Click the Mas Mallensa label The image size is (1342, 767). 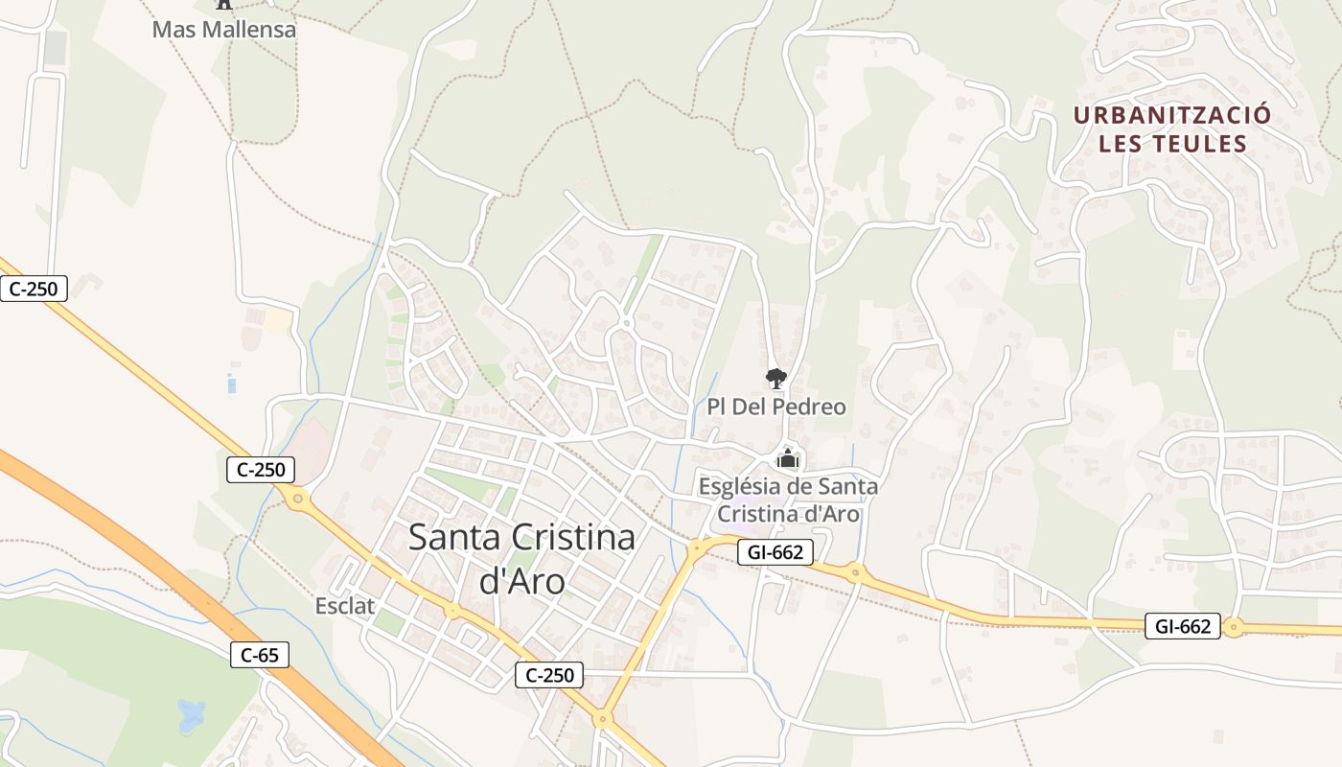click(x=224, y=29)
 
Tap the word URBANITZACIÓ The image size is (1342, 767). click(x=1171, y=116)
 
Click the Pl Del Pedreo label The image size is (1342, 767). click(x=776, y=407)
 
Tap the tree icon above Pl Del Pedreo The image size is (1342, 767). click(x=775, y=377)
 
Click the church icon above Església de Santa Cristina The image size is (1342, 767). click(x=788, y=458)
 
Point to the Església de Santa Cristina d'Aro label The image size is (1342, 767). click(x=788, y=500)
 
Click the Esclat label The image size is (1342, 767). click(x=345, y=606)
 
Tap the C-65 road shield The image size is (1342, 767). click(x=259, y=655)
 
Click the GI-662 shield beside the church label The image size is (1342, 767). click(x=775, y=551)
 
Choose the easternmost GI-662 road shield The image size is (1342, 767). click(x=1183, y=627)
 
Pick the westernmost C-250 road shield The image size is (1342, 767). click(x=35, y=288)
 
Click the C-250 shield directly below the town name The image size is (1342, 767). click(x=549, y=675)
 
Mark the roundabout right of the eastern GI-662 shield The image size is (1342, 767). click(x=1233, y=628)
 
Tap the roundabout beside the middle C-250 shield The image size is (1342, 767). click(x=297, y=498)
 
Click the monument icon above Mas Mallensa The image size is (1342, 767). click(x=224, y=4)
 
